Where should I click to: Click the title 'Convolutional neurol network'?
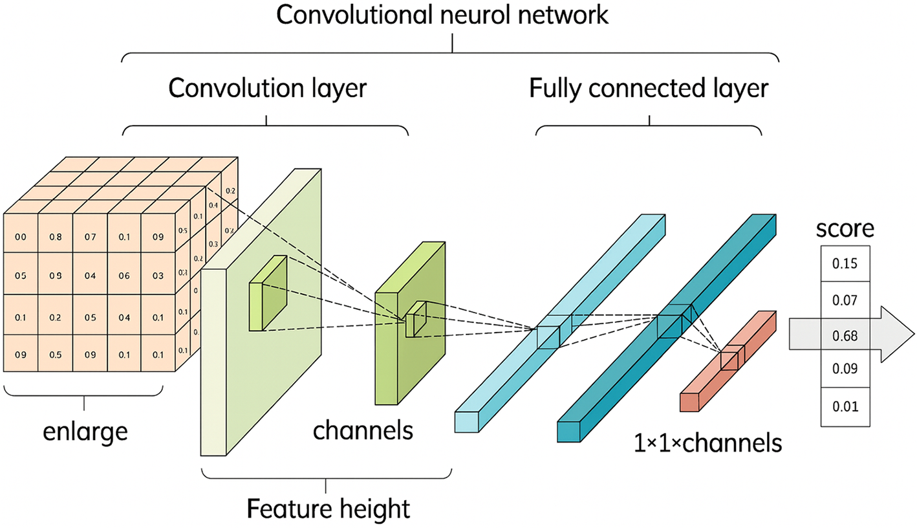(442, 15)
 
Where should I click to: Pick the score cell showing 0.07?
(845, 300)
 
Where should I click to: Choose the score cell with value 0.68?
(845, 335)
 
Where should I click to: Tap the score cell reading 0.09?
(845, 369)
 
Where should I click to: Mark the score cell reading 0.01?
(845, 406)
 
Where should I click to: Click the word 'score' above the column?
(845, 229)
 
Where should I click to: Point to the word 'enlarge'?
(85, 431)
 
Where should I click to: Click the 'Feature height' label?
(328, 508)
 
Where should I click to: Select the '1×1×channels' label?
(709, 443)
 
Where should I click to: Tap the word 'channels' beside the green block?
(363, 430)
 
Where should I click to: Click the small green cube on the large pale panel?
(267, 294)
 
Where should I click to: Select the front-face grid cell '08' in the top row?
(55, 237)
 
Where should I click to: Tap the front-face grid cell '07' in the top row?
(90, 237)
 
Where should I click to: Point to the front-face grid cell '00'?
(21, 237)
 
